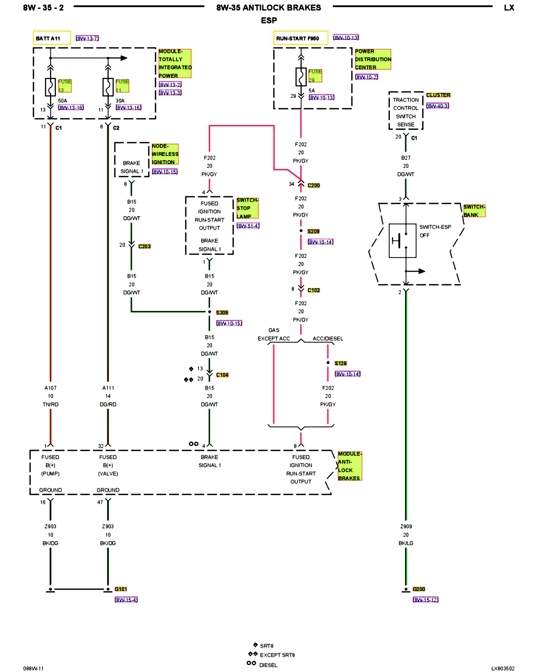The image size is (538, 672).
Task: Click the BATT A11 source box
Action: [52, 38]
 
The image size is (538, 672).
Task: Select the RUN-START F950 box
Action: [301, 38]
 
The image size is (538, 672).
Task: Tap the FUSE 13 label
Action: [65, 86]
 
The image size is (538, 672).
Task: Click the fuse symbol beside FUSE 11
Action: [108, 87]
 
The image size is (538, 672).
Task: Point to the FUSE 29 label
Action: [315, 76]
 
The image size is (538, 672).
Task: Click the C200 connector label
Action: [314, 185]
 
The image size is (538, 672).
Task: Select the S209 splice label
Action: [313, 231]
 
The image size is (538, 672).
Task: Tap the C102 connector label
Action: [314, 290]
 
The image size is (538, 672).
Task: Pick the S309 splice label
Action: [222, 312]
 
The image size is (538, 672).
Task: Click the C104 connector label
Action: [222, 375]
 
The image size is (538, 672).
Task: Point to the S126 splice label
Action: [341, 363]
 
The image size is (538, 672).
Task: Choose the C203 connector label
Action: [145, 246]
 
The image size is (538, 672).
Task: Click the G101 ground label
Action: [121, 589]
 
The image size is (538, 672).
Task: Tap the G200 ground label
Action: [419, 589]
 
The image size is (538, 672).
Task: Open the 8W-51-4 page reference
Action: [248, 226]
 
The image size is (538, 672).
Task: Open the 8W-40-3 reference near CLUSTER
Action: [437, 106]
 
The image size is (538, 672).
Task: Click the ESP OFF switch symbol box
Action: [402, 241]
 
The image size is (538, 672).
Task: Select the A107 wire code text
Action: [50, 388]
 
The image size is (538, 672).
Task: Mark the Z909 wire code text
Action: [406, 526]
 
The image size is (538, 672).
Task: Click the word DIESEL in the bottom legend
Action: [268, 665]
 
